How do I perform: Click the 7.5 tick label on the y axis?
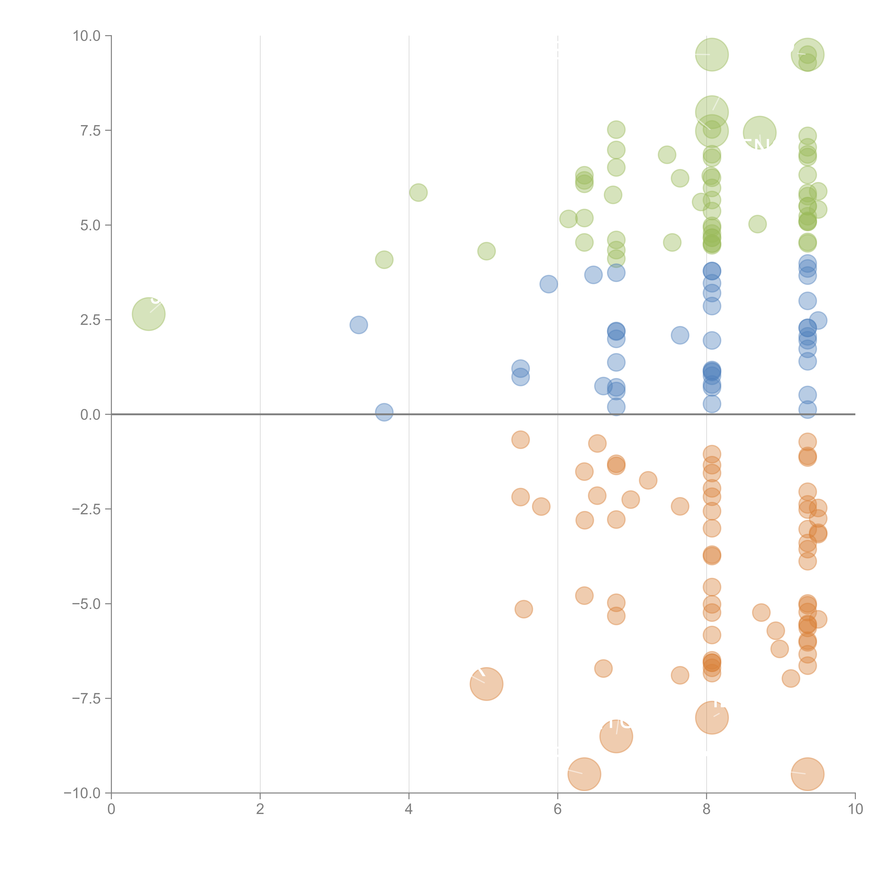90,130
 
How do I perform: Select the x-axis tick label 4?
409,809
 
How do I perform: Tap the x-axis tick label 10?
855,809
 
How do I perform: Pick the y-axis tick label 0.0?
90,415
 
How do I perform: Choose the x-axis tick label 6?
558,809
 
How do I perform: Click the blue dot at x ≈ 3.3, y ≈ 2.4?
358,325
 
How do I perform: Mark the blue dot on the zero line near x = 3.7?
384,412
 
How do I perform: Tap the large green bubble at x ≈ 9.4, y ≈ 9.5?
807,55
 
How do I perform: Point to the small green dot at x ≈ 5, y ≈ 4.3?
486,251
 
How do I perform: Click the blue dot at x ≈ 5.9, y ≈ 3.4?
548,284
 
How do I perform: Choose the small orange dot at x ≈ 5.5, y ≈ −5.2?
523,609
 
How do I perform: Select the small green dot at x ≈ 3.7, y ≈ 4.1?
384,260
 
